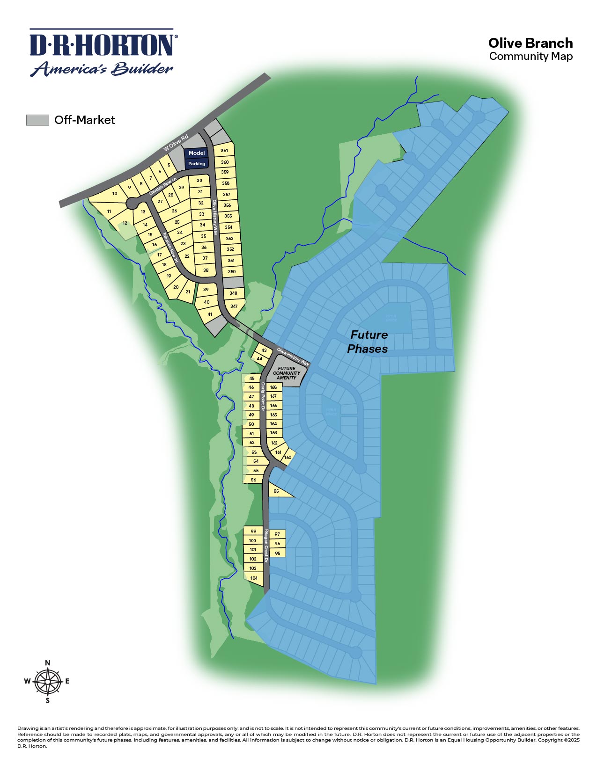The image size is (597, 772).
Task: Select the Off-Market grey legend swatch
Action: click(x=37, y=120)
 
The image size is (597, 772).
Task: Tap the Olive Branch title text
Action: click(x=530, y=43)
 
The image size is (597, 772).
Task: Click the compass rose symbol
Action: click(x=47, y=681)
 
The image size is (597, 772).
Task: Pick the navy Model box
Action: click(x=197, y=153)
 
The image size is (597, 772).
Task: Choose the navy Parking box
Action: click(x=197, y=164)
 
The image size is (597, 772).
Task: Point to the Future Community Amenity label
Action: click(x=286, y=373)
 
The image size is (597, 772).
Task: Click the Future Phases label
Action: click(x=368, y=342)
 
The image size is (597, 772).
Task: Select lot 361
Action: click(x=224, y=151)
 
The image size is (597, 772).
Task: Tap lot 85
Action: click(x=276, y=491)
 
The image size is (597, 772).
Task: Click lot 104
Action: click(x=254, y=578)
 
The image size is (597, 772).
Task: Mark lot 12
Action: click(x=125, y=223)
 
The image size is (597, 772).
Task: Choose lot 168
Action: click(x=273, y=387)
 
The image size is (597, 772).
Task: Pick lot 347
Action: click(x=234, y=306)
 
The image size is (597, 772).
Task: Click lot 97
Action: click(x=277, y=534)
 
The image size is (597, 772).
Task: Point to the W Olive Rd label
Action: click(x=176, y=142)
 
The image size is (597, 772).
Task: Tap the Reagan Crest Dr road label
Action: click(x=266, y=546)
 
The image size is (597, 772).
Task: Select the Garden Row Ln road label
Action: click(x=162, y=186)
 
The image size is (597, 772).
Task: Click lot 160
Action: click(x=287, y=457)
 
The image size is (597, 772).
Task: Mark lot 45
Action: click(x=251, y=379)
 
